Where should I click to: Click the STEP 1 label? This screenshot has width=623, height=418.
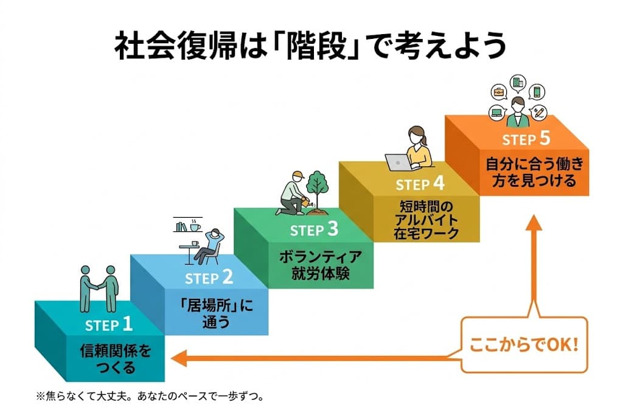point(109,324)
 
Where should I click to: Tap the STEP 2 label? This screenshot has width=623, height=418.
point(209,278)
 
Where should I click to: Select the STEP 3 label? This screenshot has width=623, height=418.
point(313,230)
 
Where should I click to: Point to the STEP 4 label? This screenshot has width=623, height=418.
point(420,183)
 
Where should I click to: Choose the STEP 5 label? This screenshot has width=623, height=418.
point(526,139)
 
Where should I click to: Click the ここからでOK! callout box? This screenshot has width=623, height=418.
point(524,344)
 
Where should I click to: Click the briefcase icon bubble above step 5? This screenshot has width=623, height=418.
point(498,92)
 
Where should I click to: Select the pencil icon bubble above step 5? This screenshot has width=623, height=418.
point(538,112)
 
